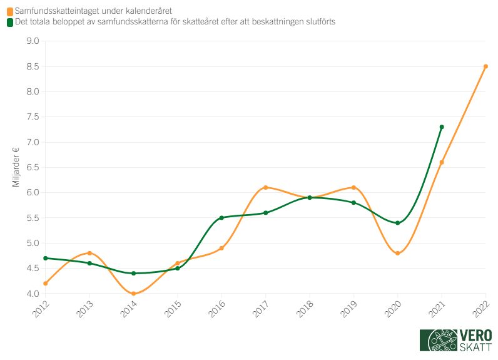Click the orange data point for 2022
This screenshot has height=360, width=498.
(485, 66)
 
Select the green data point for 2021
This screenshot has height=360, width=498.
(442, 127)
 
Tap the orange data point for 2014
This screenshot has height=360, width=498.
(134, 294)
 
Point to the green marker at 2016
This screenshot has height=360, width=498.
(221, 218)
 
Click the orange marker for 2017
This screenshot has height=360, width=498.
(266, 187)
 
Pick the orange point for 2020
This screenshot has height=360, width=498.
(398, 253)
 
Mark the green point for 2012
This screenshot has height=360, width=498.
(46, 258)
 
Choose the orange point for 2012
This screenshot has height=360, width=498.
(46, 284)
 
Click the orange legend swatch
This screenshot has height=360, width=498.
(9, 11)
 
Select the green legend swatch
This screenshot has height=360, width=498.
(9, 22)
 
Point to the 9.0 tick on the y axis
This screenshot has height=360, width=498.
(32, 41)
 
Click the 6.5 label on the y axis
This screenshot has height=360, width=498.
(32, 168)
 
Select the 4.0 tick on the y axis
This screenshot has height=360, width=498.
(32, 294)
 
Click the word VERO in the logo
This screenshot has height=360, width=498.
(475, 336)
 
